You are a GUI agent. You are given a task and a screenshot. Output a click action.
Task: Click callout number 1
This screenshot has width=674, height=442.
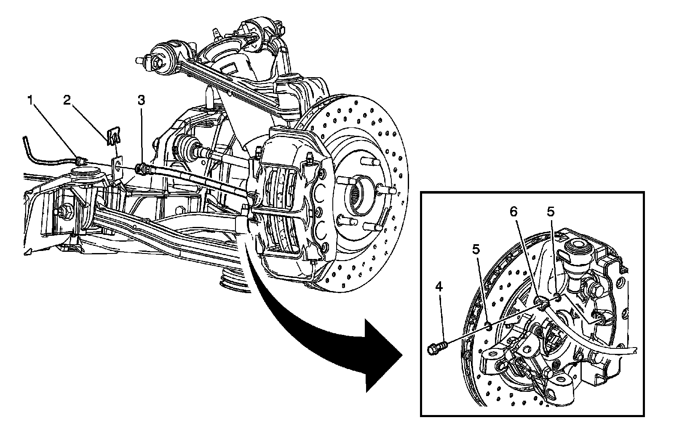[30, 100]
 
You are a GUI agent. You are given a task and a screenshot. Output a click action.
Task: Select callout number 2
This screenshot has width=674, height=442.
[67, 100]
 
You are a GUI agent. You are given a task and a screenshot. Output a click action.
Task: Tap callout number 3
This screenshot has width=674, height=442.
[142, 100]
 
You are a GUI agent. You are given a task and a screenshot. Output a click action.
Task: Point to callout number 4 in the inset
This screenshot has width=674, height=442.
[439, 287]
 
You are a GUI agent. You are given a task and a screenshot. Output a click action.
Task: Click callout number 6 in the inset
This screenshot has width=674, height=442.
[514, 212]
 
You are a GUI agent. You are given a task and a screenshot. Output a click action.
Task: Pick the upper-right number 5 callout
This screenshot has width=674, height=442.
[551, 212]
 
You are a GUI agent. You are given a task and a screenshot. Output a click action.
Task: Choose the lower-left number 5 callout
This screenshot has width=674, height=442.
[476, 250]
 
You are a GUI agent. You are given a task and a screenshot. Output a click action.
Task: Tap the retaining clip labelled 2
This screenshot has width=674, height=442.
[113, 137]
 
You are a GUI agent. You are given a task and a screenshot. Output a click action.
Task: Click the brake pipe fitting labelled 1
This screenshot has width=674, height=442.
[80, 160]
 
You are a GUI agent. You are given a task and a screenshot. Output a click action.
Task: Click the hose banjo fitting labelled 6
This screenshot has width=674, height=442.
[543, 303]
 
